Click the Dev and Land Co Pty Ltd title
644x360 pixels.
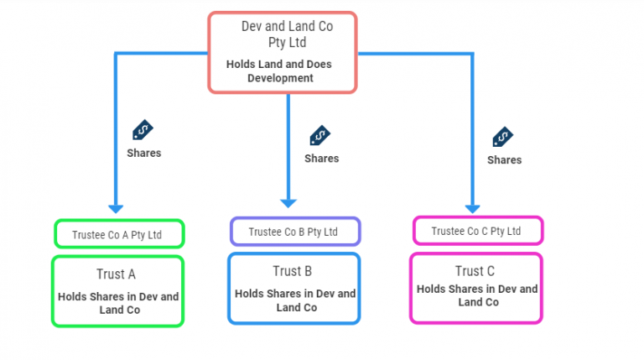286,34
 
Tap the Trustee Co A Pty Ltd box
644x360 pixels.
119,234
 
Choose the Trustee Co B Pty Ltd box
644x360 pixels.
294,231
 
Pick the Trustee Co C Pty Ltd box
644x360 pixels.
477,230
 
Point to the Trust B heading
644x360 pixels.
293,270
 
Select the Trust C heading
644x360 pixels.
475,271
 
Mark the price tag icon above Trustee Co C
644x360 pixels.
503,137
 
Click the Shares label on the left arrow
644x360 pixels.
143,154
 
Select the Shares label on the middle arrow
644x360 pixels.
321,159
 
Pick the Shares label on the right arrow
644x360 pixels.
504,160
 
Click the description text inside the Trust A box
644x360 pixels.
117,303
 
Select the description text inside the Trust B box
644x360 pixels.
294,300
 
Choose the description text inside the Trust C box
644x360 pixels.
477,295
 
